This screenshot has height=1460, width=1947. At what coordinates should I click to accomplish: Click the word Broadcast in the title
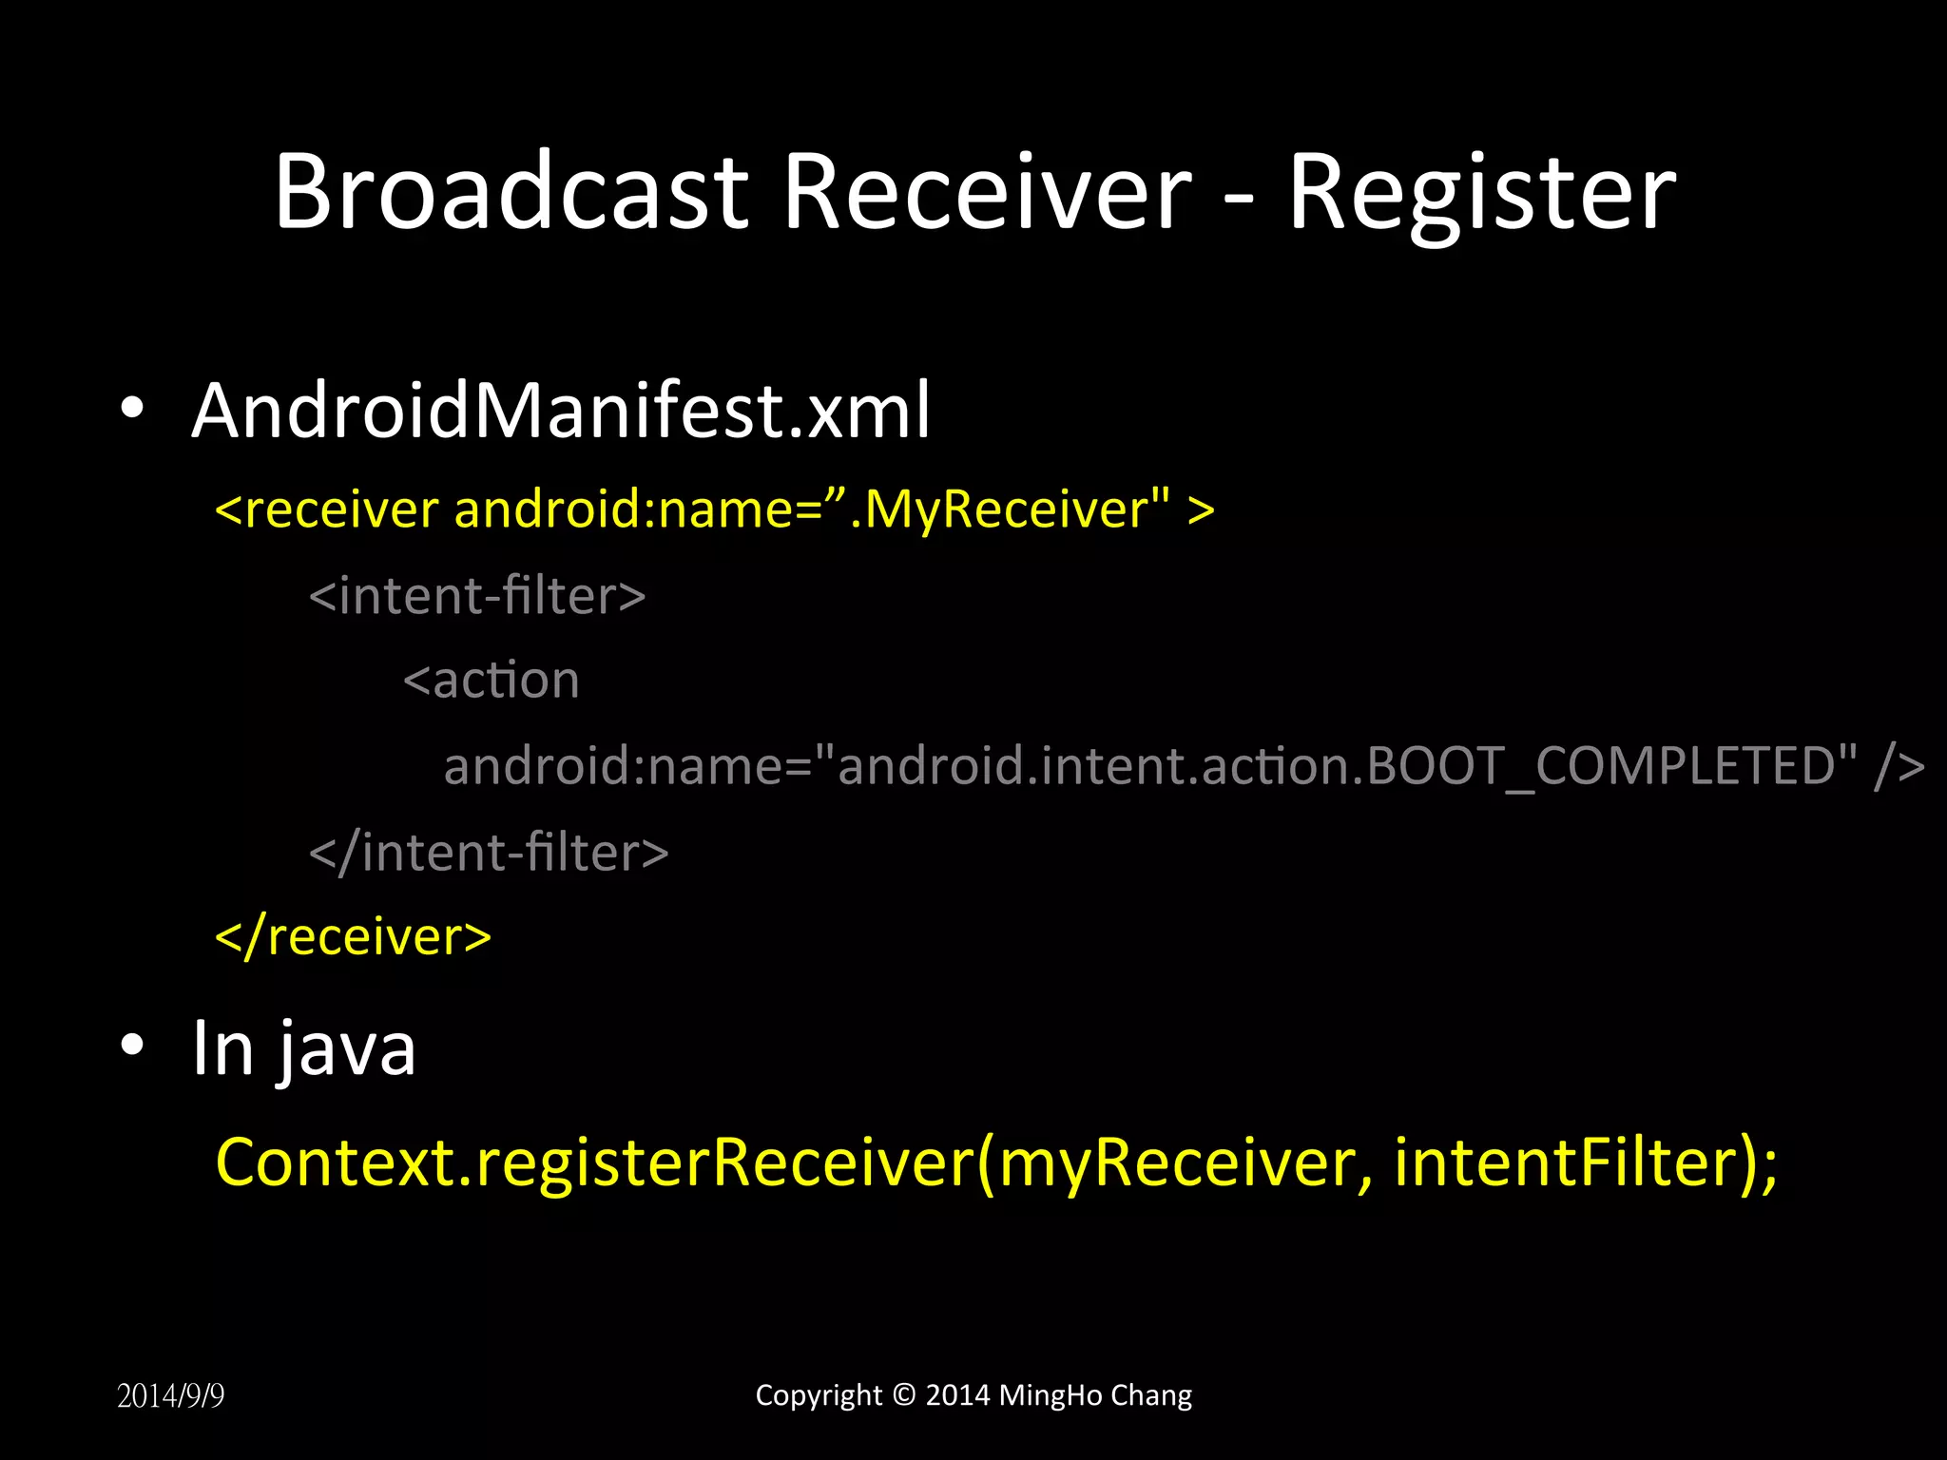[x=511, y=192]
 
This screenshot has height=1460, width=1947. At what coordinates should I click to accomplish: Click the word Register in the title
[x=1481, y=195]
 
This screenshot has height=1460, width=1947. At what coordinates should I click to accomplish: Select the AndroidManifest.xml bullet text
[x=561, y=411]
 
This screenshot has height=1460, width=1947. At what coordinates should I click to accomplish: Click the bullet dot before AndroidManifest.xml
[x=132, y=409]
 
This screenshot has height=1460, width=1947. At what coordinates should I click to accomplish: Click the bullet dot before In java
[x=132, y=1046]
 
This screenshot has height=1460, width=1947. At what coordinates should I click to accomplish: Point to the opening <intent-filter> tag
[x=477, y=596]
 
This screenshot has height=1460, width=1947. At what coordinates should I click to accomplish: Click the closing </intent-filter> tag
[x=489, y=852]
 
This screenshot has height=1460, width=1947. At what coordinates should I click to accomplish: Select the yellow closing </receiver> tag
[x=354, y=937]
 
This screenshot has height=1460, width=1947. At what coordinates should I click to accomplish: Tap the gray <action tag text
[x=492, y=681]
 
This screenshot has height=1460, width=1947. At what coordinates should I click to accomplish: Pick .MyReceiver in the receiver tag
[x=998, y=509]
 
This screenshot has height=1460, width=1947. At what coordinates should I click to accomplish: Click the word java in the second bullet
[x=346, y=1050]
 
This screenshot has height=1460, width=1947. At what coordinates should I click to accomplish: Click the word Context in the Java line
[x=337, y=1162]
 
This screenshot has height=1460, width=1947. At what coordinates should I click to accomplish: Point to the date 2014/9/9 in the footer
[x=171, y=1395]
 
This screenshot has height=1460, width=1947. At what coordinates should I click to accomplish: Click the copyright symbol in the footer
[x=904, y=1394]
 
